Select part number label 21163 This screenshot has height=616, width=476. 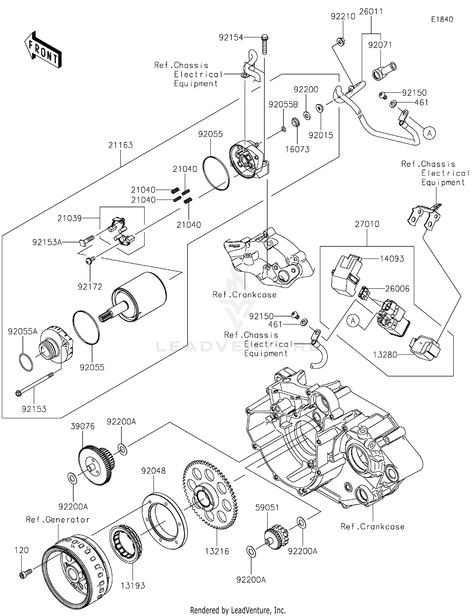pyautogui.click(x=120, y=145)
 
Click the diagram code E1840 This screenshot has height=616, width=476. pyautogui.click(x=442, y=19)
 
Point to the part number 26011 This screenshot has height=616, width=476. pyautogui.click(x=371, y=12)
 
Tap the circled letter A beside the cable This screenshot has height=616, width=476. pyautogui.click(x=429, y=133)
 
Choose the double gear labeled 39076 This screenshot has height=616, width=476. pyautogui.click(x=95, y=465)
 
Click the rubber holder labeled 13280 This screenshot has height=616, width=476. pyautogui.click(x=424, y=347)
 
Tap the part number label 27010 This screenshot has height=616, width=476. pyautogui.click(x=367, y=224)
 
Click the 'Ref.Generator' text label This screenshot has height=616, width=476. pyautogui.click(x=58, y=520)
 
